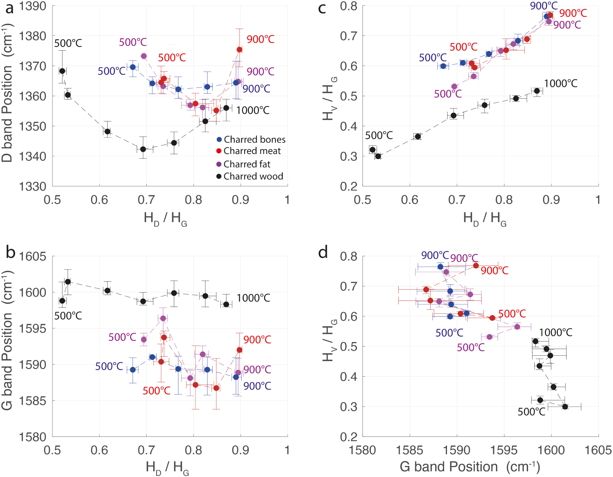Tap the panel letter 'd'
(x=323, y=252)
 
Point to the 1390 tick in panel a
(x=32, y=6)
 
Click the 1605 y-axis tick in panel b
(x=32, y=257)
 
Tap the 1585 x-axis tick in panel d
(x=410, y=450)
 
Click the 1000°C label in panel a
(x=253, y=110)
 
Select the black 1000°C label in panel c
(x=561, y=83)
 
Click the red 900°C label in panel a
(x=261, y=39)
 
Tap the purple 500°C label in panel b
(x=122, y=337)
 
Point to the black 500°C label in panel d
(x=531, y=412)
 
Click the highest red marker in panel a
(x=240, y=50)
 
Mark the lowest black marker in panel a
(x=143, y=149)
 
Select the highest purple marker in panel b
(x=163, y=318)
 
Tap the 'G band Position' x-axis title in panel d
(x=470, y=467)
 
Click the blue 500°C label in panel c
(x=432, y=58)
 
